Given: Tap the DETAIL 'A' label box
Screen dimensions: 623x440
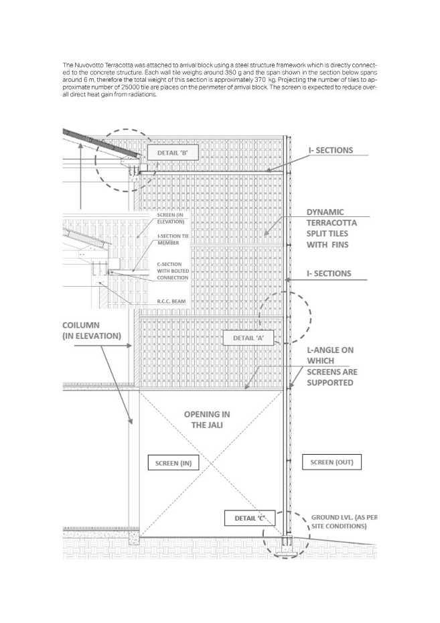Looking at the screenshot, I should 248,338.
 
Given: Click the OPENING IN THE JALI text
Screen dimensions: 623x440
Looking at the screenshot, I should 208,419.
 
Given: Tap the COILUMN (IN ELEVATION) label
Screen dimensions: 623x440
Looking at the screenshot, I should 94,330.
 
